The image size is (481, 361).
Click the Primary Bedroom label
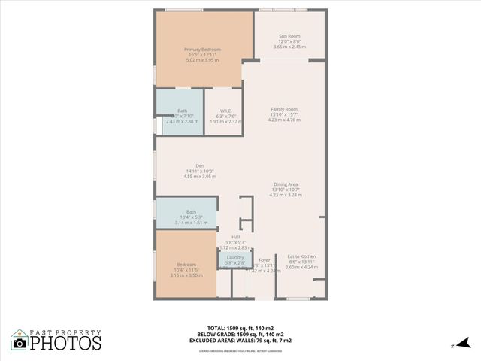click(202, 50)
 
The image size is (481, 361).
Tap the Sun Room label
click(289, 36)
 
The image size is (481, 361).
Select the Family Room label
click(284, 109)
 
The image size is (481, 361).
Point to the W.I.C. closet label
click(225, 111)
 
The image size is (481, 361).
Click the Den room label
click(200, 165)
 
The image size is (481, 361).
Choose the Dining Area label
click(286, 184)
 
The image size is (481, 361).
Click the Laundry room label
click(234, 258)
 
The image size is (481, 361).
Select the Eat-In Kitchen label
click(301, 256)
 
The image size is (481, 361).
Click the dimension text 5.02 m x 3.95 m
click(202, 60)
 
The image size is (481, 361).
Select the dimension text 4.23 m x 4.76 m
click(285, 120)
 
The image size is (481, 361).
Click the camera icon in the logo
click(20, 343)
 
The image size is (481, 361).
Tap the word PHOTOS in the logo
click(66, 344)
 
